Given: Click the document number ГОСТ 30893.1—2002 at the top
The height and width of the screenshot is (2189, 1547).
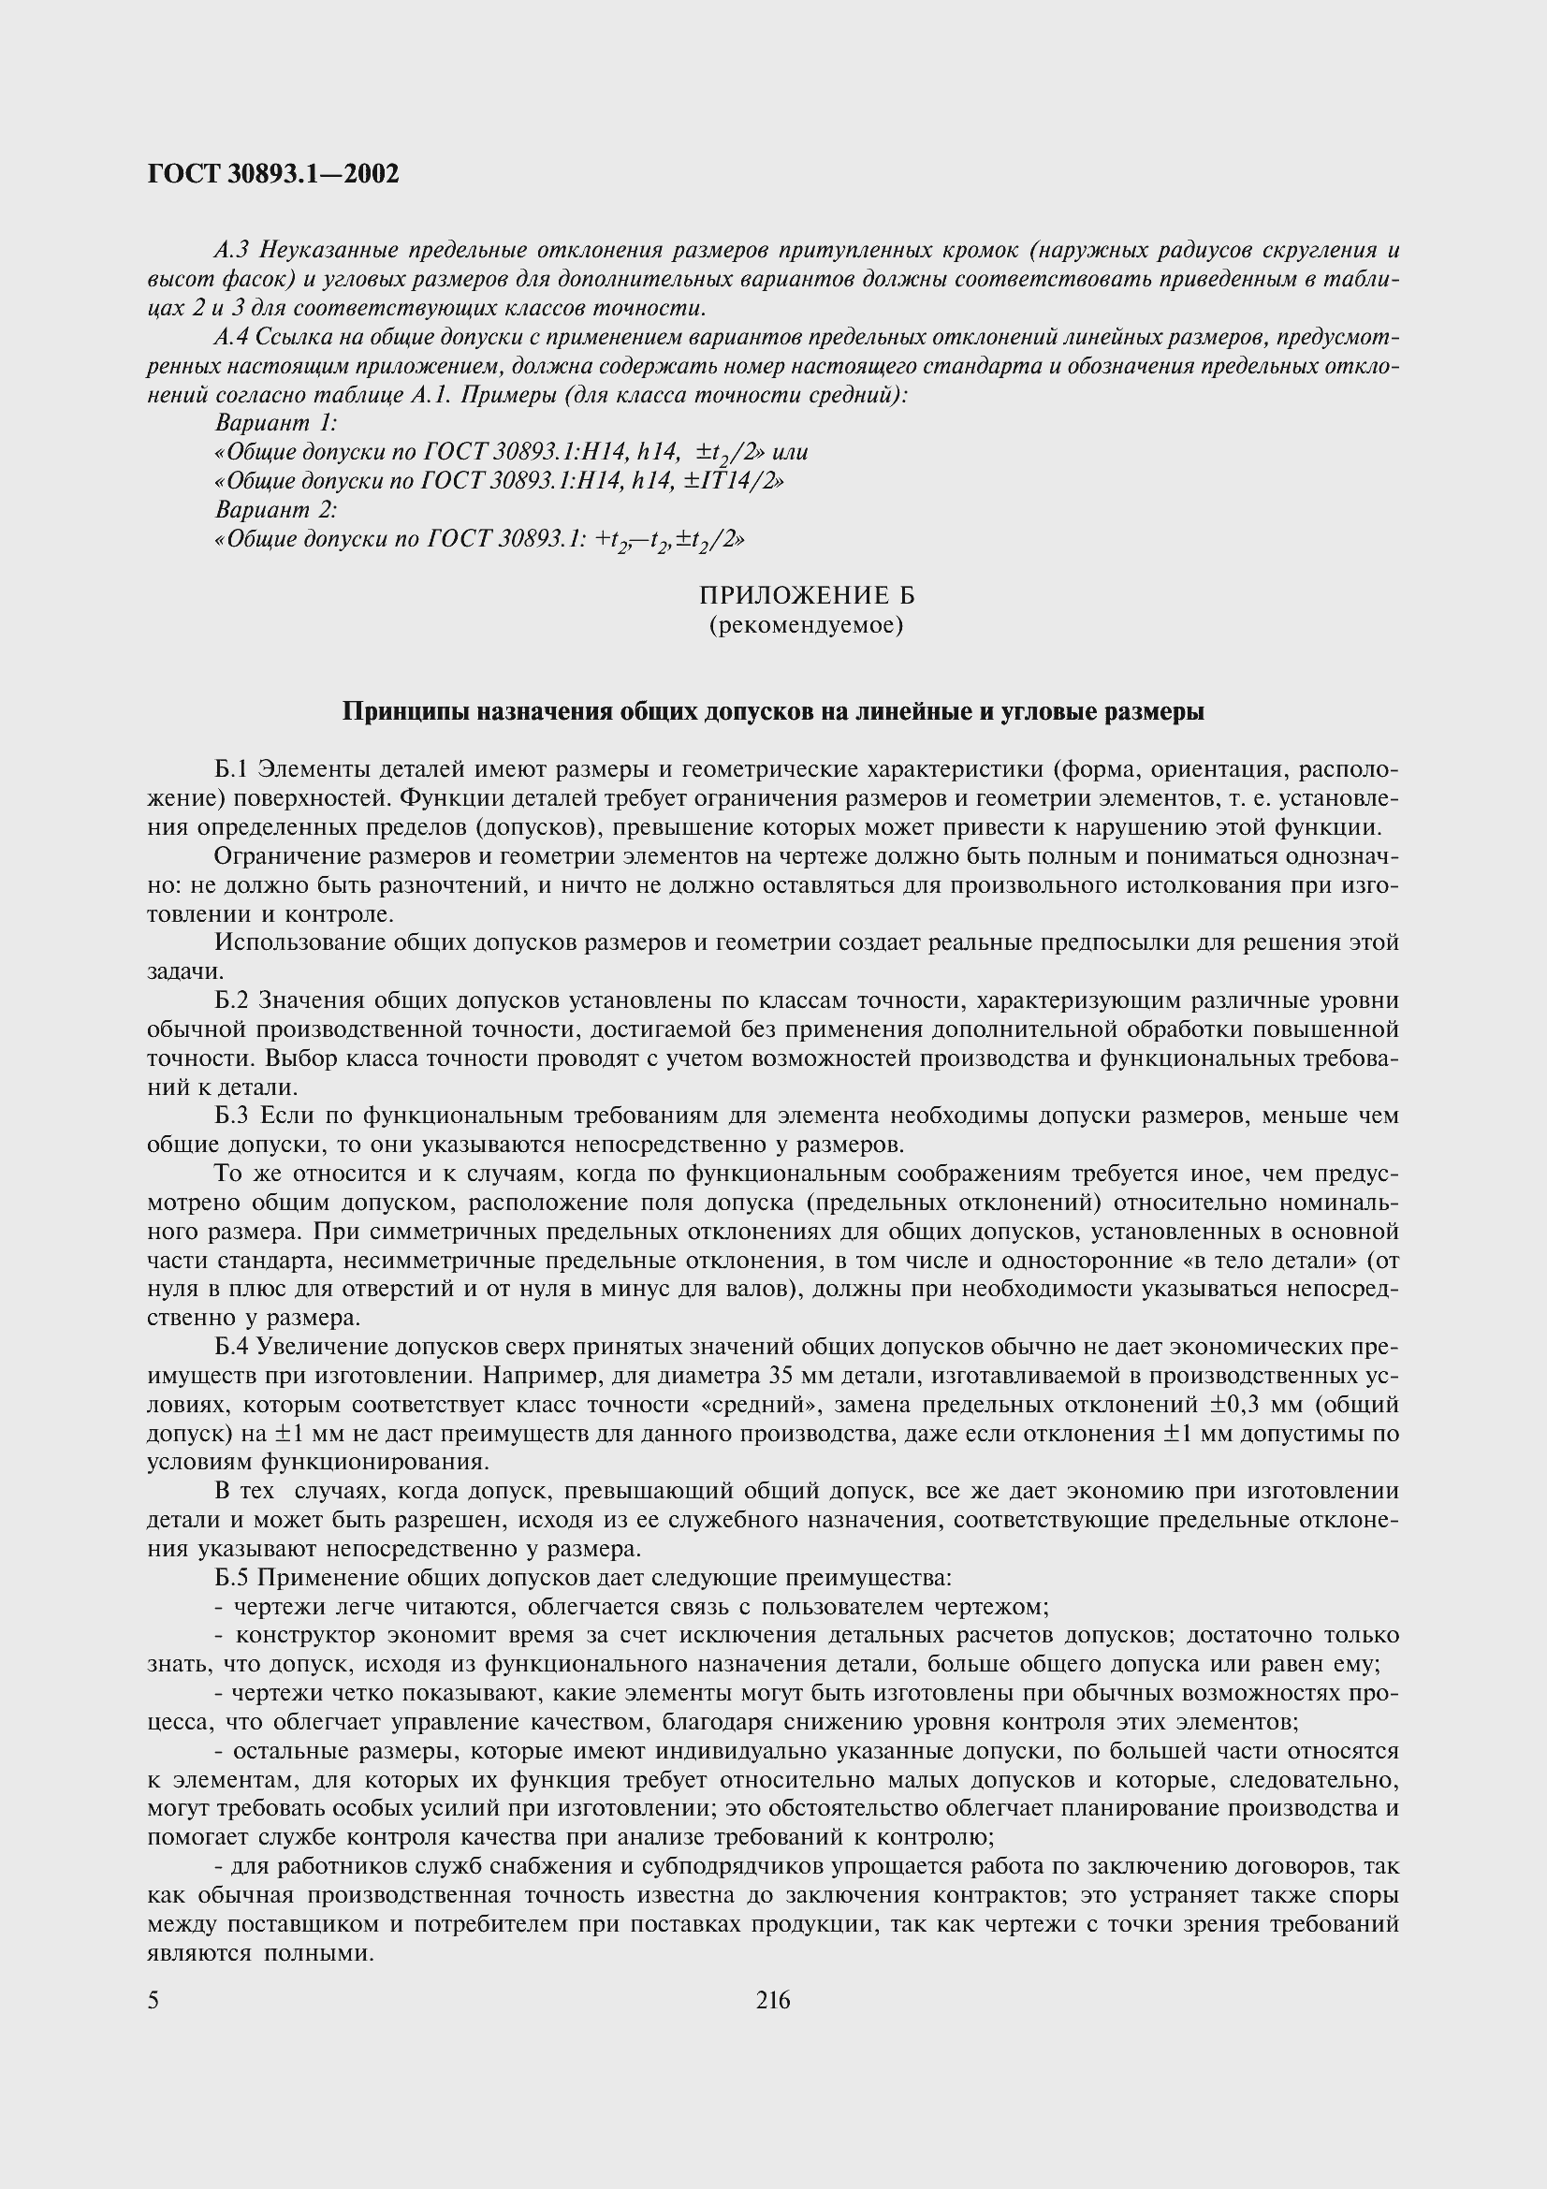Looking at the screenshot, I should [x=272, y=173].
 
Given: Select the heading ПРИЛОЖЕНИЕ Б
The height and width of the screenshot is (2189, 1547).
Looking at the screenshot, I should [x=807, y=596].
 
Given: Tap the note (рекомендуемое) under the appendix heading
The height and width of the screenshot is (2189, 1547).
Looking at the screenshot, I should [x=807, y=626].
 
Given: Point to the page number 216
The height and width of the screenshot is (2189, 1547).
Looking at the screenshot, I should [x=773, y=2000].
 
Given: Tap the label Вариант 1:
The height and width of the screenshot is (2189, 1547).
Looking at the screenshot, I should [x=277, y=422].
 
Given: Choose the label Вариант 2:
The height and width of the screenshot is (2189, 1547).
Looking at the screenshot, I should [x=277, y=509].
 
